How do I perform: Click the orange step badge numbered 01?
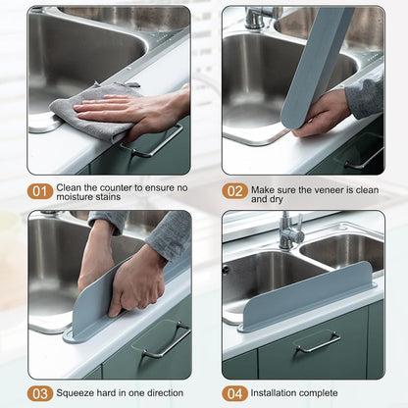pos(40,191)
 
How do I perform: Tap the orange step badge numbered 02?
pos(234,191)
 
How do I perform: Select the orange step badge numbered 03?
pos(40,393)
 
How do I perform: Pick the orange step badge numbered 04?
pos(234,393)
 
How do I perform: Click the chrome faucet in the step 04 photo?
pos(289,231)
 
